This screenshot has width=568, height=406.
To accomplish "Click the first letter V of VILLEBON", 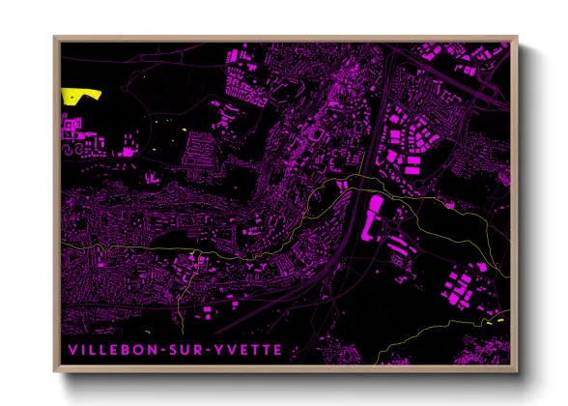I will [70, 345].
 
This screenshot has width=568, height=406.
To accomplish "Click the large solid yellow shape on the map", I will [81, 95].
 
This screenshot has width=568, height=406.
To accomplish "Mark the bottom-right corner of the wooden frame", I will [518, 370].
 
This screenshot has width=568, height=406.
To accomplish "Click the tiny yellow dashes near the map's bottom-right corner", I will [499, 319].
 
